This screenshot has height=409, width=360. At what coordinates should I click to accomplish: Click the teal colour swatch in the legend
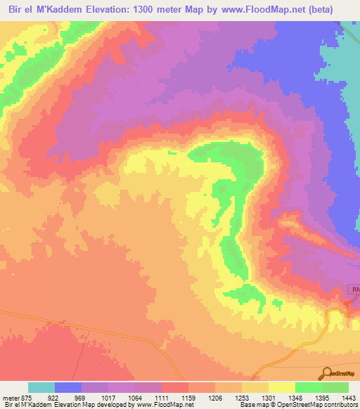pos(41,387)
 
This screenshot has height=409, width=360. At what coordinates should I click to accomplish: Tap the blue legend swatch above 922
pos(68,387)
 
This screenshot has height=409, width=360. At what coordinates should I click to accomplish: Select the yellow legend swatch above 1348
pos(282,387)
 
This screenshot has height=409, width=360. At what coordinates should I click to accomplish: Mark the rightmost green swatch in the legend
pos(335,387)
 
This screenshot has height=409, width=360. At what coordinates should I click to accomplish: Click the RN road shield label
pos(354,290)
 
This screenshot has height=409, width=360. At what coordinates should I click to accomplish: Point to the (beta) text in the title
pos(336,9)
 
